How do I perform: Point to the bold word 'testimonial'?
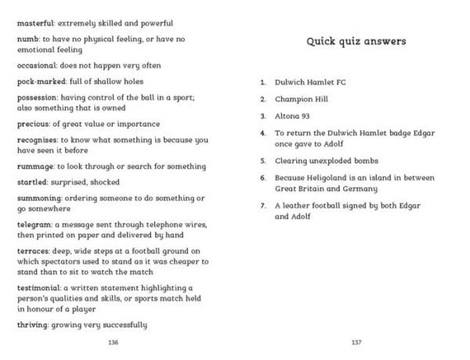click(x=39, y=288)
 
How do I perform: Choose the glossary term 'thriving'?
click(x=33, y=325)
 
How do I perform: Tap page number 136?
click(x=114, y=344)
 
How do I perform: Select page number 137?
click(x=356, y=344)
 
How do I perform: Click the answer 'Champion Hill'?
click(x=302, y=99)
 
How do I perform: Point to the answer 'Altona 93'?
click(x=295, y=117)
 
